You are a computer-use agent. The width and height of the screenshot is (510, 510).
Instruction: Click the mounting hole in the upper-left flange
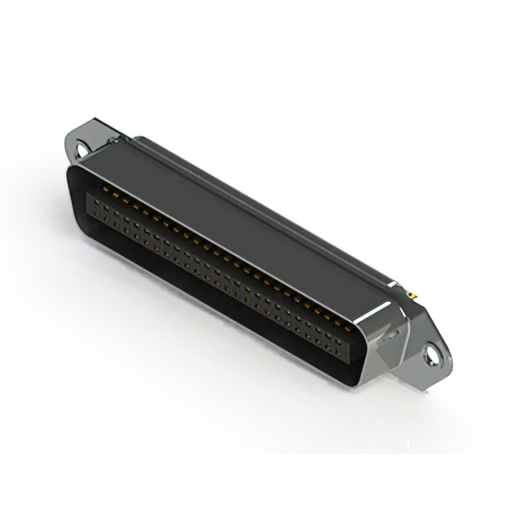click(x=82, y=147)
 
